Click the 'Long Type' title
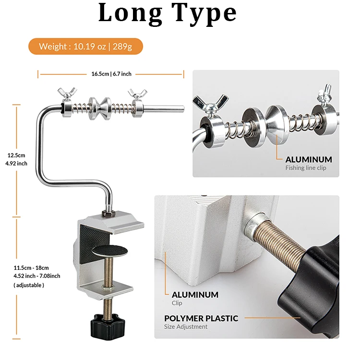click(x=168, y=13)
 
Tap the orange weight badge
click(x=85, y=47)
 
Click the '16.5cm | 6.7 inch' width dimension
click(x=111, y=74)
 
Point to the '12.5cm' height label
click(x=16, y=155)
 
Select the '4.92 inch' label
click(x=16, y=164)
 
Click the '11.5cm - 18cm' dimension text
click(x=31, y=268)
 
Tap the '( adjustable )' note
click(x=29, y=285)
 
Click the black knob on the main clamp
click(x=108, y=325)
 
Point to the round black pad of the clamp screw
click(x=110, y=251)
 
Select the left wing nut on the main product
click(x=67, y=93)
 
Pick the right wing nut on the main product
click(x=137, y=94)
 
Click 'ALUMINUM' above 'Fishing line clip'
click(x=309, y=159)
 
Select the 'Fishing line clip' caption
click(x=306, y=168)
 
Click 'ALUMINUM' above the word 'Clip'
click(x=195, y=295)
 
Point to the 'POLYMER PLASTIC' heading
click(x=201, y=318)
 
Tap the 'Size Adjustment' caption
click(x=186, y=327)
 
